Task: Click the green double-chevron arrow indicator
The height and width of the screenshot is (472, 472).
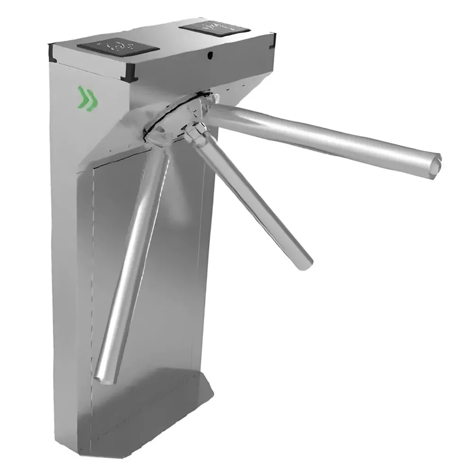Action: coord(88,98)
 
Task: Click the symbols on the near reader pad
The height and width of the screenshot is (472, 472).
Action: coord(116,46)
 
